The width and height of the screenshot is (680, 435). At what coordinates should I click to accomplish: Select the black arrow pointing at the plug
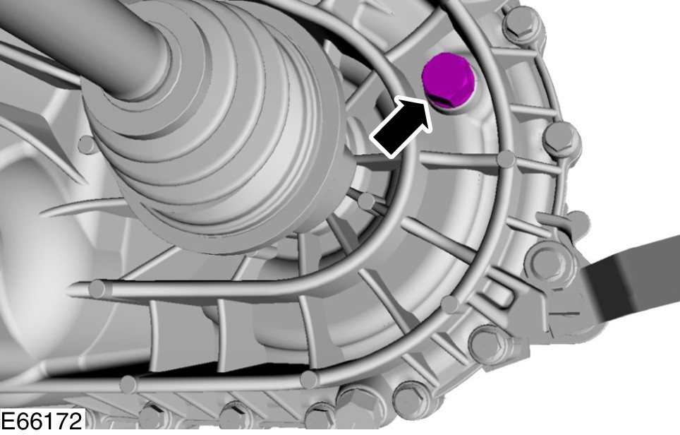tap(401, 128)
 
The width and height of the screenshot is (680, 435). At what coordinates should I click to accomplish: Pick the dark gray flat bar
tap(631, 277)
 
